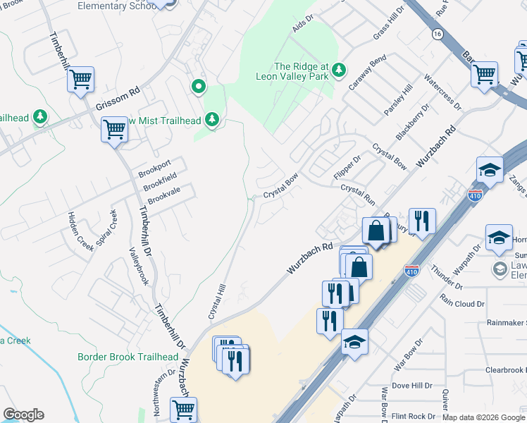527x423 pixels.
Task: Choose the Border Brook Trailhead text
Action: point(128,357)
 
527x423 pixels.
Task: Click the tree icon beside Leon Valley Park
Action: point(340,69)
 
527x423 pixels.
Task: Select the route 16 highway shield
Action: point(438,34)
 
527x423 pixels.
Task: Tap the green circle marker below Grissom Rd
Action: point(199,87)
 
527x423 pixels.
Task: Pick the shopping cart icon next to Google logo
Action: point(184,409)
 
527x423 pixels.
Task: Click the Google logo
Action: point(23,415)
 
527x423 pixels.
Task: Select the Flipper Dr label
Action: point(347,168)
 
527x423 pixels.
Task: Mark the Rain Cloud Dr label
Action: point(462,304)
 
